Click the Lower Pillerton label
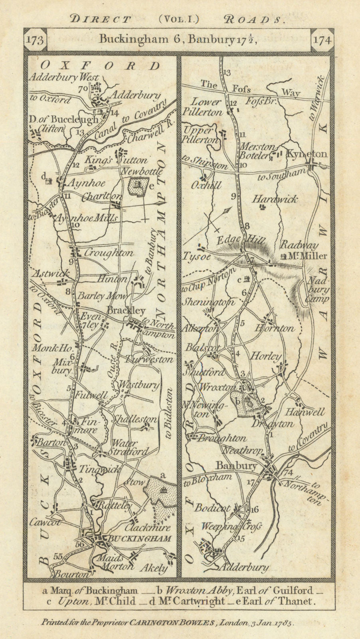tap(202, 107)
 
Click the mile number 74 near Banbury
tap(288, 473)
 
